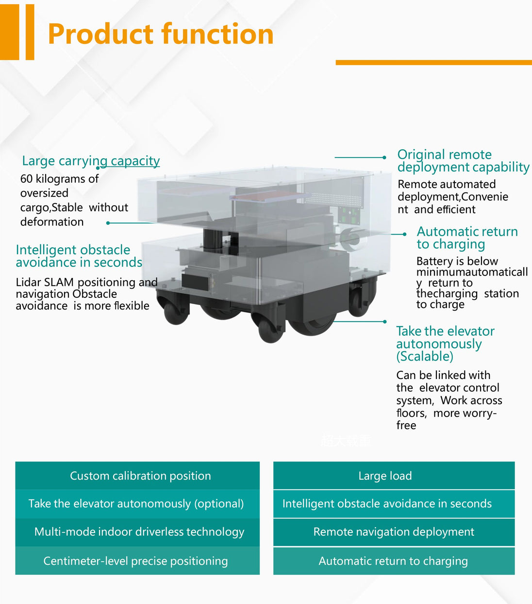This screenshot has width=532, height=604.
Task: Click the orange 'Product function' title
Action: pos(161,34)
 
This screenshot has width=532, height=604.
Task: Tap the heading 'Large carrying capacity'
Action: pos(91,161)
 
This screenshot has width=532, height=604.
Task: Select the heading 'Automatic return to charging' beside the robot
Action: pos(467,238)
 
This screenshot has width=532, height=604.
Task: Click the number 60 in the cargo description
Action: pos(26,179)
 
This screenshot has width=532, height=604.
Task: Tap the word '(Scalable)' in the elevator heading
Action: pos(425,357)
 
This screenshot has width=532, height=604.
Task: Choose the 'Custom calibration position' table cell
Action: pos(137,476)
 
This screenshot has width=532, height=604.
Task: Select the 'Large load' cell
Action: pos(394,476)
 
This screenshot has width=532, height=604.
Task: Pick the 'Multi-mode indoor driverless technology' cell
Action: pos(137,532)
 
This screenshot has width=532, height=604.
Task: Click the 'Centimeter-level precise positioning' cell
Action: pos(137,561)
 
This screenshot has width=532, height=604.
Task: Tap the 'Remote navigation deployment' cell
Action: pos(394,532)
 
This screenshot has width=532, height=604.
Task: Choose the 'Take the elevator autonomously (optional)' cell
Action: pos(137,503)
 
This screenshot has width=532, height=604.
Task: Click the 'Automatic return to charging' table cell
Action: pos(394,561)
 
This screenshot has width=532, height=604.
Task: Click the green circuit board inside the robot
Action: pos(349,215)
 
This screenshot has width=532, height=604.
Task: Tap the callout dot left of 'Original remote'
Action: pos(384,157)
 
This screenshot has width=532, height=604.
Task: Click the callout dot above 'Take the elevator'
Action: pos(385,322)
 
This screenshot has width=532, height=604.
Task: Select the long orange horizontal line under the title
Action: pos(433,63)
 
